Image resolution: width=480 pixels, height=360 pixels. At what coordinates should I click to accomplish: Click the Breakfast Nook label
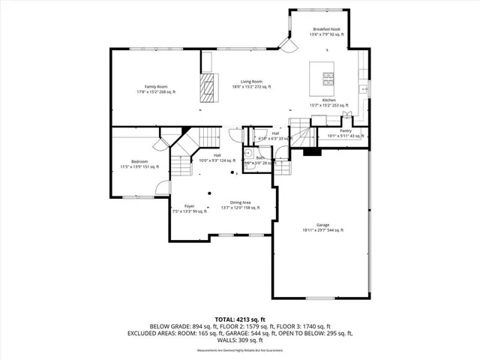[x=326, y=28]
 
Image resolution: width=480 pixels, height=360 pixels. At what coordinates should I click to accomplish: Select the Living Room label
[x=251, y=81]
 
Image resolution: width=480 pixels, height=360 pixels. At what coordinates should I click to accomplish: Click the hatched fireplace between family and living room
[x=208, y=88]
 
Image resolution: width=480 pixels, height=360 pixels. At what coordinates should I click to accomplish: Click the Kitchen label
[x=328, y=100]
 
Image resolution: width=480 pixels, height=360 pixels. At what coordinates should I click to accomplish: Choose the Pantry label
[x=345, y=130]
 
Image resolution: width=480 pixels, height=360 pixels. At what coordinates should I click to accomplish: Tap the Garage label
[x=322, y=225]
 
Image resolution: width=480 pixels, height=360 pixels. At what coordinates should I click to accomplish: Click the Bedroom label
[x=139, y=161]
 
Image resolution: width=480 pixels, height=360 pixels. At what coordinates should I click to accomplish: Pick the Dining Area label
[x=240, y=202]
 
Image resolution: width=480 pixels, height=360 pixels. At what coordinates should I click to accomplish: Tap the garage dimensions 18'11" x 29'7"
[x=322, y=230]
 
